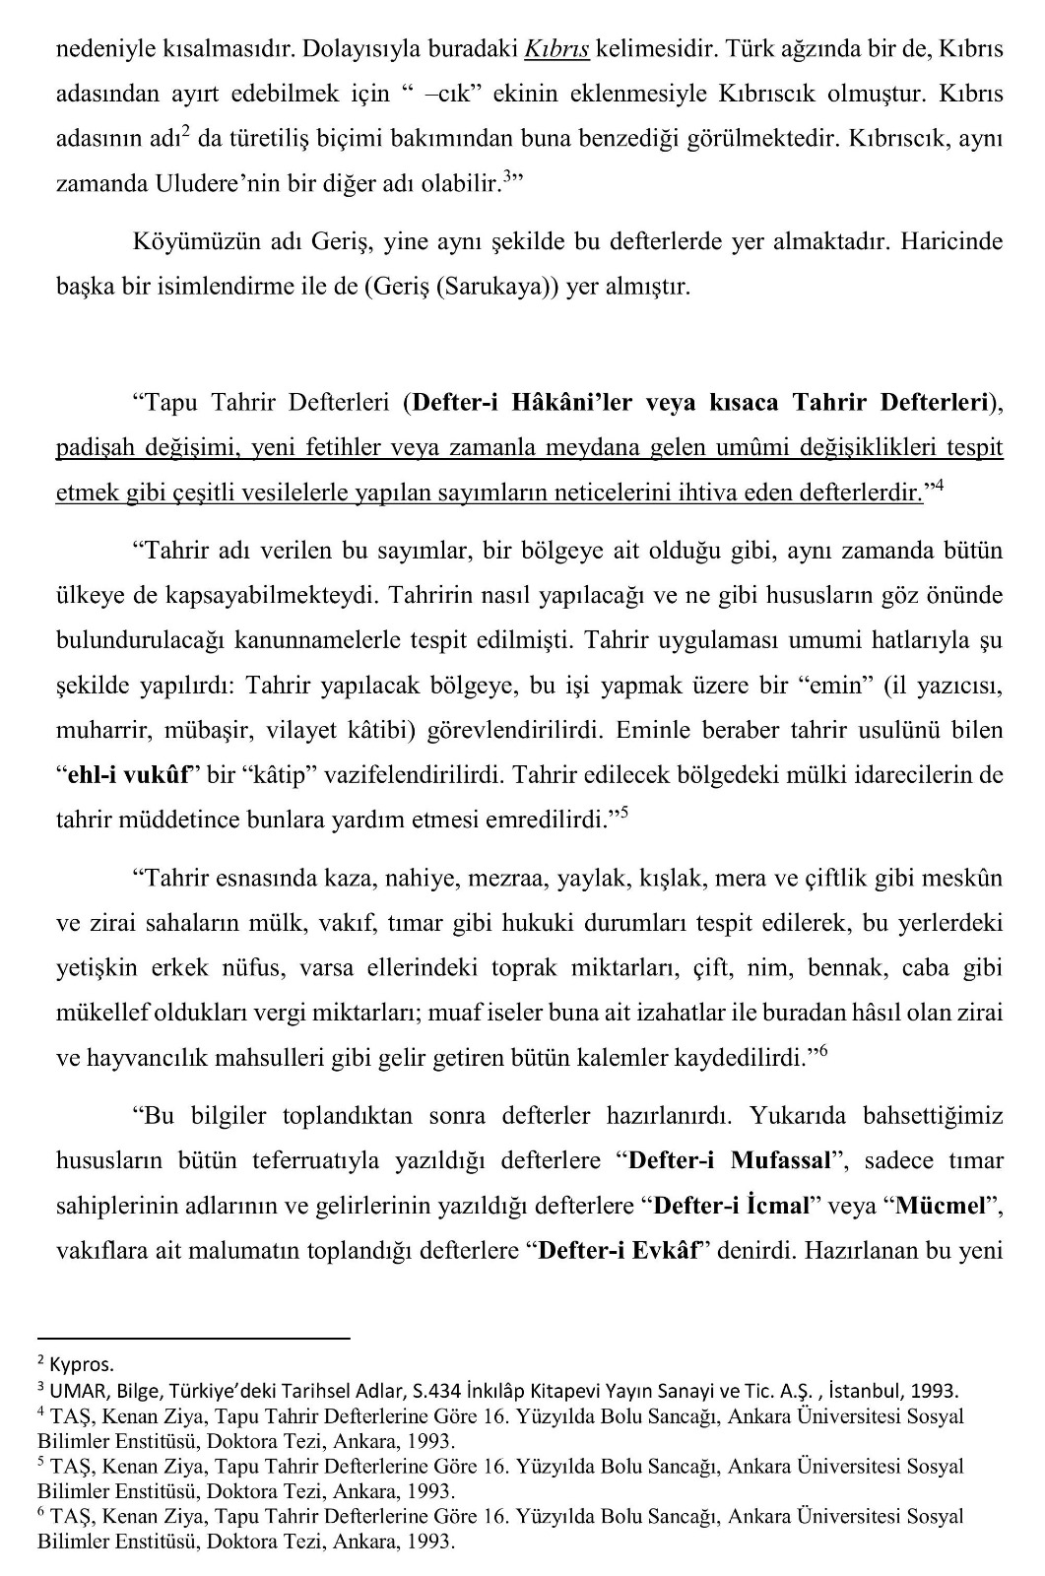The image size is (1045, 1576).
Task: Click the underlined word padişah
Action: (97, 447)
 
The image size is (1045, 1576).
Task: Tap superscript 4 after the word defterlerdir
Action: (939, 485)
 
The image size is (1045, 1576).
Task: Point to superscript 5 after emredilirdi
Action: (623, 814)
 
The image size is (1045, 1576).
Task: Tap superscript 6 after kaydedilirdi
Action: (822, 1050)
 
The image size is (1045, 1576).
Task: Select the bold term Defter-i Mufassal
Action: (730, 1160)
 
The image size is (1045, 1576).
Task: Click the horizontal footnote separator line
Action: (193, 1339)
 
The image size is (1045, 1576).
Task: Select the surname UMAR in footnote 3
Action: (75, 1391)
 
